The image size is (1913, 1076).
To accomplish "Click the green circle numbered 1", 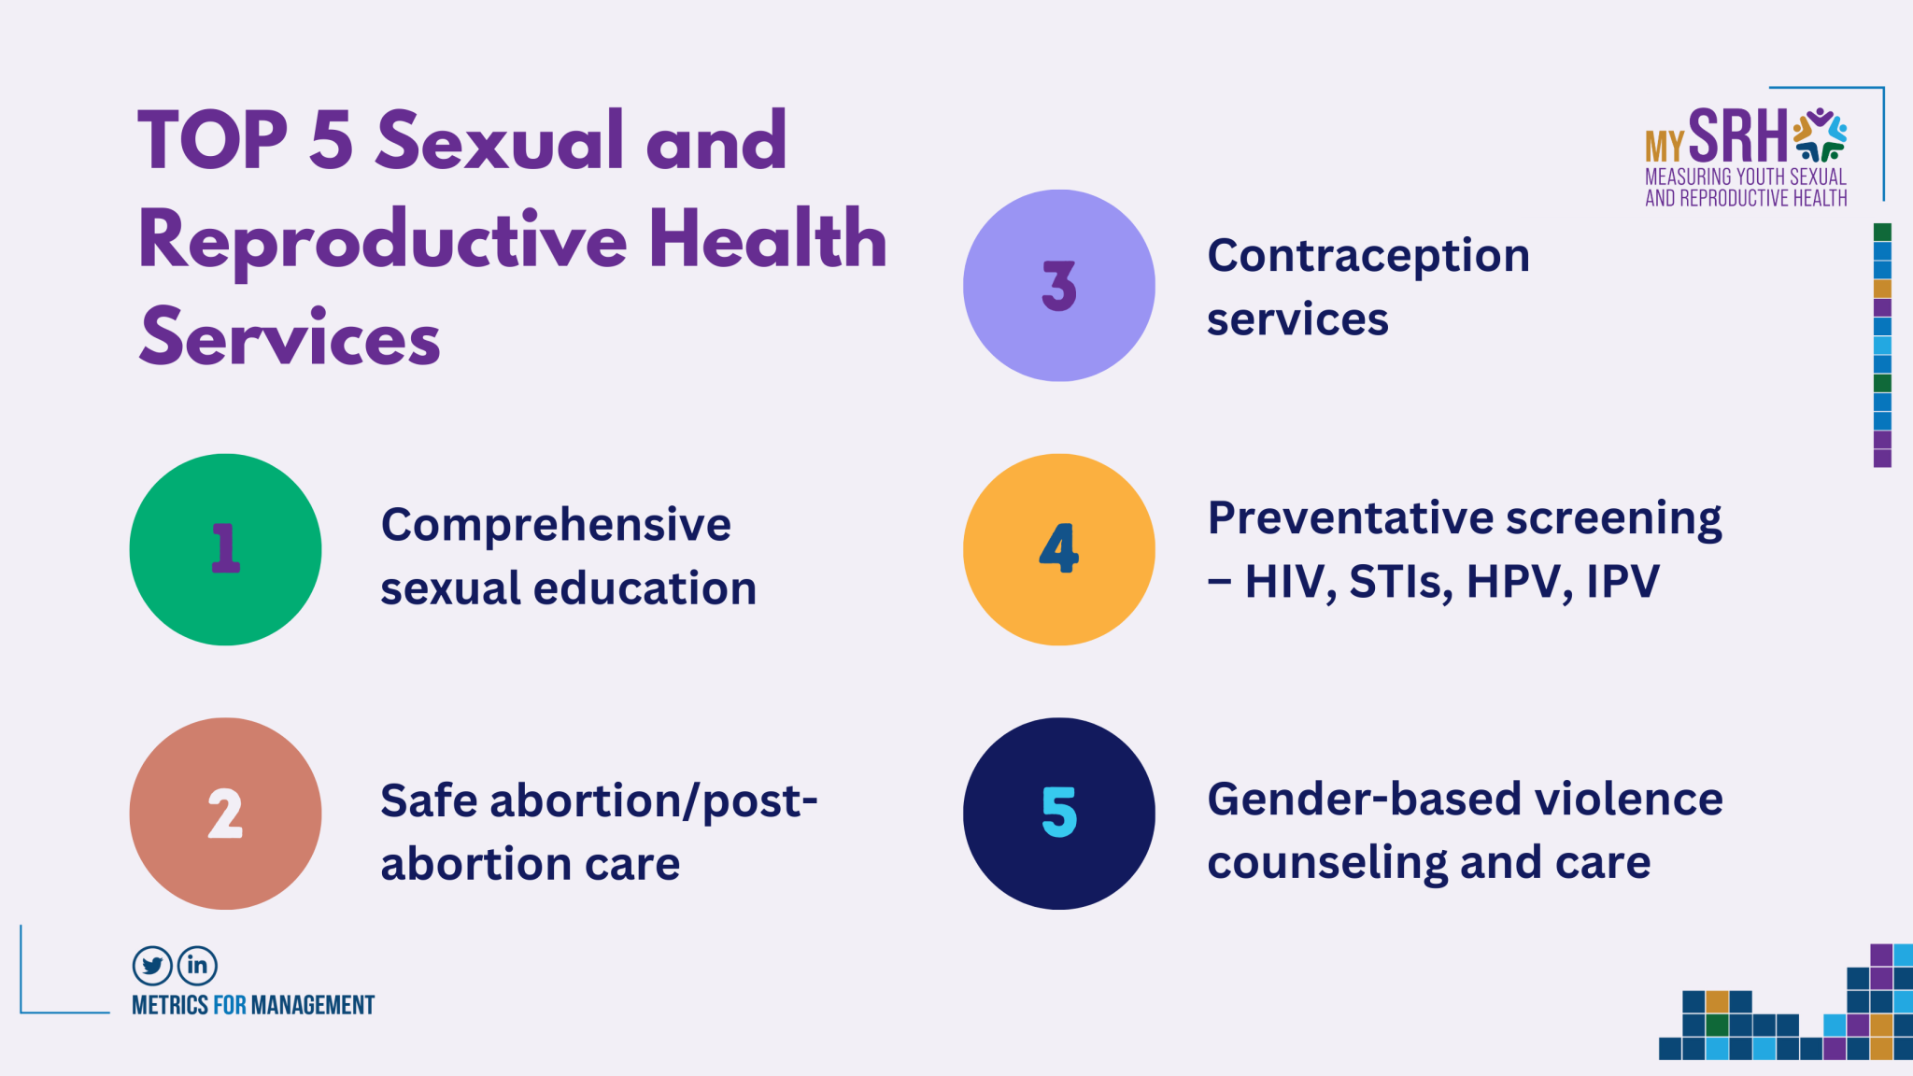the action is click(x=225, y=549).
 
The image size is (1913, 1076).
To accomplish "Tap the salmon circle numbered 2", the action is click(x=225, y=814).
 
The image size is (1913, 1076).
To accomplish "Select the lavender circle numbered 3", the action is click(x=1059, y=285).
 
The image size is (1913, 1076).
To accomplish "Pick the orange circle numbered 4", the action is click(x=1059, y=549).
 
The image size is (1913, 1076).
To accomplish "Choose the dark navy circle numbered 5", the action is click(x=1059, y=814).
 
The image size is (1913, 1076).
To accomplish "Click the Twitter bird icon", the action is click(x=152, y=966).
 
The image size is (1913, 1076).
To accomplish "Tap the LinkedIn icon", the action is click(x=197, y=966).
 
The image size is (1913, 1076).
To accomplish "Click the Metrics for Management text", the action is click(x=253, y=1005).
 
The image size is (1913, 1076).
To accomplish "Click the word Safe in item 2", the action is click(x=429, y=800).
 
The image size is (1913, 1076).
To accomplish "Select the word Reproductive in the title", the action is click(x=383, y=241).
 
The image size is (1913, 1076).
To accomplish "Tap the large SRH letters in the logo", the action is click(x=1737, y=136).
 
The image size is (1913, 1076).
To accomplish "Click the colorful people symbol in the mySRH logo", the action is click(x=1820, y=135).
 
